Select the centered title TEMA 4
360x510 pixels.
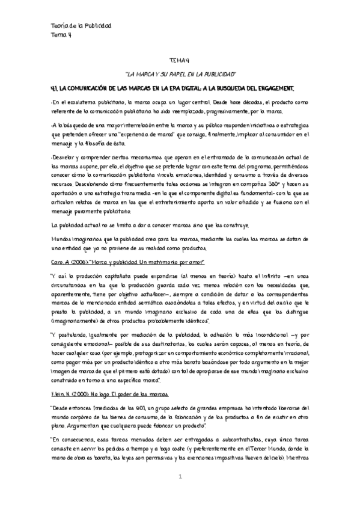point(180,60)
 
